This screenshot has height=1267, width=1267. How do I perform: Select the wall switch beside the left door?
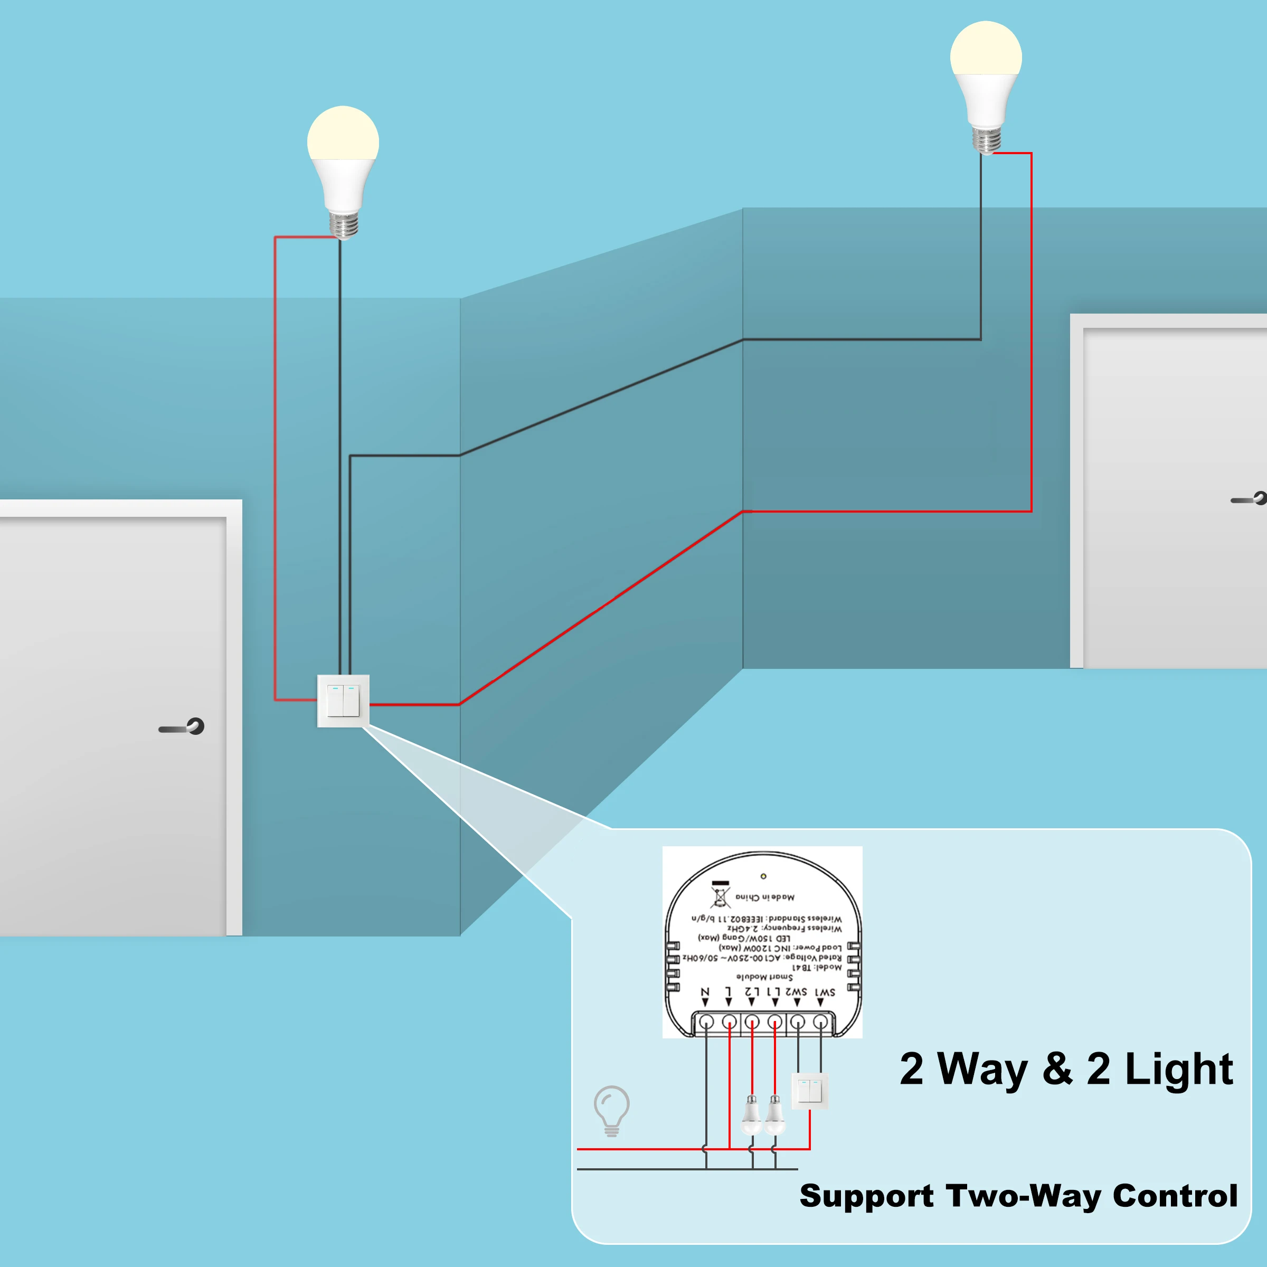(x=343, y=701)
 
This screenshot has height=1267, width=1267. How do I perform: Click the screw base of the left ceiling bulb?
(x=343, y=224)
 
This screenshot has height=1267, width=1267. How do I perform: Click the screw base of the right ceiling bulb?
(x=986, y=139)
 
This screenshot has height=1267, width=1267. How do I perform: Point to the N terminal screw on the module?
(x=706, y=1022)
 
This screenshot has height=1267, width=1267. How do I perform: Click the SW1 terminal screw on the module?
(x=820, y=1022)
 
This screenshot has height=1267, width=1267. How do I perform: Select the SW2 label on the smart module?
(x=796, y=992)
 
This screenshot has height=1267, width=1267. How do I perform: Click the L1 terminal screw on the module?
(x=774, y=1022)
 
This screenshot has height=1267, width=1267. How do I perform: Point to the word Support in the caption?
(x=866, y=1196)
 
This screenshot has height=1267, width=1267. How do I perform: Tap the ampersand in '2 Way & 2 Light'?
(x=1056, y=1069)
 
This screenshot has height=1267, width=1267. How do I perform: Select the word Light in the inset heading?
(x=1179, y=1069)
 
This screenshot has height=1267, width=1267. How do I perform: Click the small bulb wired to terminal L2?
(x=752, y=1114)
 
